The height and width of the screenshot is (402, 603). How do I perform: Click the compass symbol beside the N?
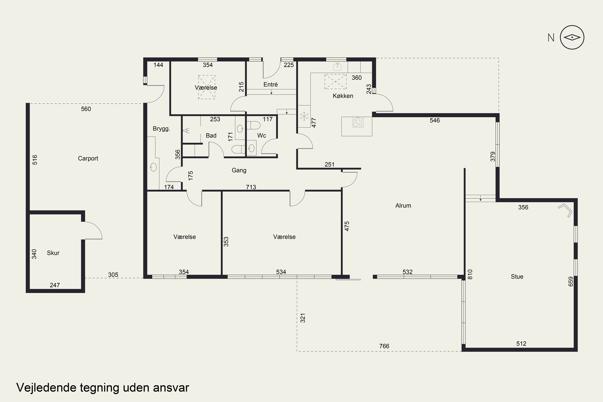572,37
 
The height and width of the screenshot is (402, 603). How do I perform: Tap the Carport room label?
88,158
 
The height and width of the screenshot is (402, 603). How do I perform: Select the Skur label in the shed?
53,253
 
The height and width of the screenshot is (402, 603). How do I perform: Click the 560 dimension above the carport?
86,109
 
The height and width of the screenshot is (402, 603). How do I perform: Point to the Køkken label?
343,96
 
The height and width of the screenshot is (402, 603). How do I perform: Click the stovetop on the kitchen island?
358,122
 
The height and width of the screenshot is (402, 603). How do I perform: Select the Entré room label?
271,84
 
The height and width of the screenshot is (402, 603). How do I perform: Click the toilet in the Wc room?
253,125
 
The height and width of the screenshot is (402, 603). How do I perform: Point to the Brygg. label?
161,129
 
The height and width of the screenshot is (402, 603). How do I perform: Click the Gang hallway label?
239,170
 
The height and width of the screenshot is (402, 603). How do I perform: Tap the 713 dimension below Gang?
251,187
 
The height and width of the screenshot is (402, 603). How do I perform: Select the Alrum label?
403,206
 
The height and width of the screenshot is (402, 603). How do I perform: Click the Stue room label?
517,277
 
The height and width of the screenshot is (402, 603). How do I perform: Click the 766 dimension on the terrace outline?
384,346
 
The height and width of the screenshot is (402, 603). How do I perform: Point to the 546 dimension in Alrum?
435,120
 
